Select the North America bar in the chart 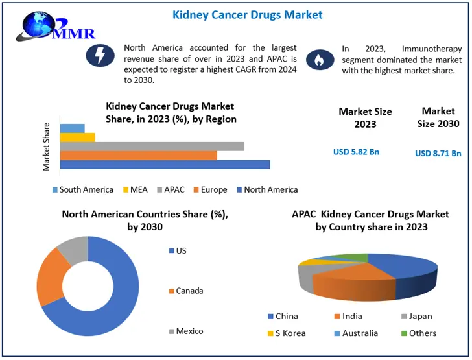(x=165, y=164)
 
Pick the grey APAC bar (x=152, y=146)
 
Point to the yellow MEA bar (x=77, y=137)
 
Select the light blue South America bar (x=72, y=128)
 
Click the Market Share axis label (x=47, y=147)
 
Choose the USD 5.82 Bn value (x=356, y=152)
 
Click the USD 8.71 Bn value (x=438, y=154)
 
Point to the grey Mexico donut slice (x=73, y=248)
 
